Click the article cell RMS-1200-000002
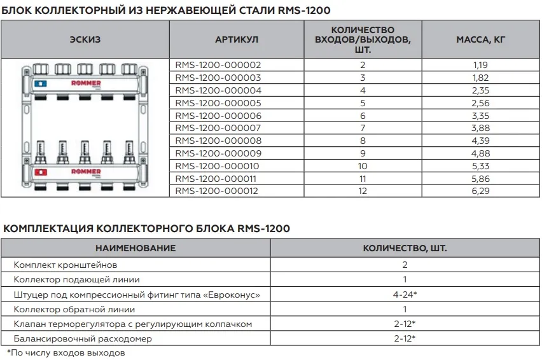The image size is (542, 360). [218, 65]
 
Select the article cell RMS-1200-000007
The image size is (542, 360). [218, 128]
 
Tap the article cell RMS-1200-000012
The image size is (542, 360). [218, 191]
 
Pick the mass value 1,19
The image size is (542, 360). [480, 65]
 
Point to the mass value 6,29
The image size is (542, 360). [480, 191]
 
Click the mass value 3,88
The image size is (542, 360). [480, 128]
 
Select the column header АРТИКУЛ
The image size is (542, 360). [237, 39]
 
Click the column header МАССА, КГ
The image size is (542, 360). [480, 39]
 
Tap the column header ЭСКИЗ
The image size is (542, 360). [85, 39]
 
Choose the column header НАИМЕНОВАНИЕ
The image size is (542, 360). [135, 247]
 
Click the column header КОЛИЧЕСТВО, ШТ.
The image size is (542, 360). [405, 247]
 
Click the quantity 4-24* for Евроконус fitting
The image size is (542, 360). [405, 294]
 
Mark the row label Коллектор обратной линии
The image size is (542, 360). [74, 309]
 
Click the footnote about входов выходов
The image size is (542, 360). [66, 352]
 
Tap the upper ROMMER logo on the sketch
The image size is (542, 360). [85, 83]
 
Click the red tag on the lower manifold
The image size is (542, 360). [40, 172]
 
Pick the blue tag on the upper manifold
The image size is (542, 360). [40, 83]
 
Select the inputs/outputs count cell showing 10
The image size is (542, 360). [363, 166]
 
